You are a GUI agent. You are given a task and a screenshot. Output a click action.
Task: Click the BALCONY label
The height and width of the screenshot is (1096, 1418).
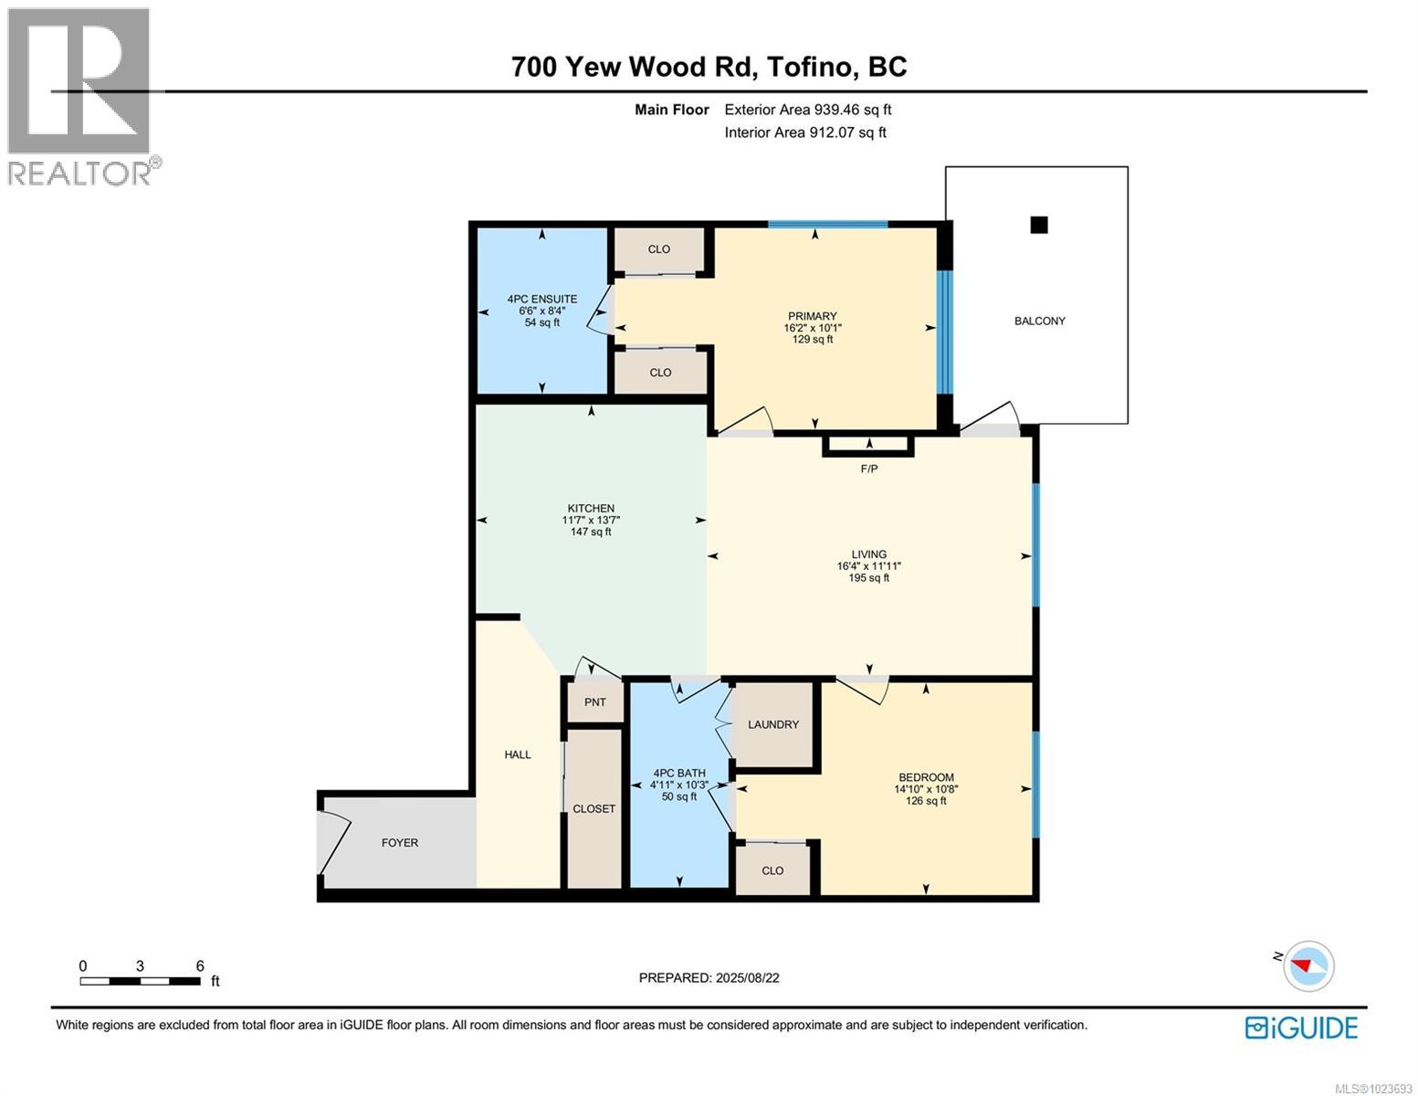[1039, 321]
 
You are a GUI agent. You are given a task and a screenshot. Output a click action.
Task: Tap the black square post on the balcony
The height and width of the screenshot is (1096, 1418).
[1038, 225]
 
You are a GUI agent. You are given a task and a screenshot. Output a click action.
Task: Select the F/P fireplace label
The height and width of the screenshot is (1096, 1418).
[868, 469]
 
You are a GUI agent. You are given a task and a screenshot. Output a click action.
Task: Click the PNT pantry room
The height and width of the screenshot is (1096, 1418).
[594, 702]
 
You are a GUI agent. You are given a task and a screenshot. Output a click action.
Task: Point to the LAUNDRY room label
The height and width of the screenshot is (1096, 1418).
[773, 724]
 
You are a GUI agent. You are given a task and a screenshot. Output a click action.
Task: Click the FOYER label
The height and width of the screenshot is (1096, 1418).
[400, 842]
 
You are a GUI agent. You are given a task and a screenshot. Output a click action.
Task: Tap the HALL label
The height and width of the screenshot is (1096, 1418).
[518, 754]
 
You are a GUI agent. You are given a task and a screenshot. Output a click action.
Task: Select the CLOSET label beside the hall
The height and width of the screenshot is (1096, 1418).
[593, 808]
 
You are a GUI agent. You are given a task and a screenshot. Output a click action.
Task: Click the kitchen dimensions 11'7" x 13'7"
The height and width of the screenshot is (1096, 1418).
[591, 520]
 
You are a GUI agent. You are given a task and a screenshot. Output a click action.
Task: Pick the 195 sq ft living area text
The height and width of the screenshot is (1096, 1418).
[868, 577]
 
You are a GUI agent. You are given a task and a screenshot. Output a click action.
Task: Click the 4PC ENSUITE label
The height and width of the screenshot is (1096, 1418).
[542, 299]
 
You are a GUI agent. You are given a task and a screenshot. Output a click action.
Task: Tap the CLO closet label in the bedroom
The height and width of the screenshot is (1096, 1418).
[772, 870]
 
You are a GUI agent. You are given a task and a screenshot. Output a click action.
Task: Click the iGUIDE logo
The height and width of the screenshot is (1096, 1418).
[1301, 1027]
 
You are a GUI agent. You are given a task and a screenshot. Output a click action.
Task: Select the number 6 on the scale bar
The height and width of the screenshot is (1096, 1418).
[200, 965]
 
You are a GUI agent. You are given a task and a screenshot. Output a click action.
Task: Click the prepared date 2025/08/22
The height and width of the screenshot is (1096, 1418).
[746, 977]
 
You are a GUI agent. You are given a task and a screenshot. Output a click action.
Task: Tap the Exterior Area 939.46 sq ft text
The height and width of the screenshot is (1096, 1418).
[807, 110]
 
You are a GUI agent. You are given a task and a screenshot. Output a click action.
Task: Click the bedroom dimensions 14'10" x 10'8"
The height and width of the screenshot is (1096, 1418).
[926, 789]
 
